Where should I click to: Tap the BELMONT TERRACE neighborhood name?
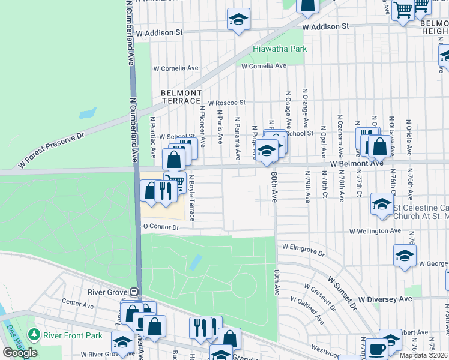tap(181, 97)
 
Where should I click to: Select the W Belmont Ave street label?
tap(355, 163)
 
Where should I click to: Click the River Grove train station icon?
tap(135, 292)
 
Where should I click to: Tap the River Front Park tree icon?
tap(35, 334)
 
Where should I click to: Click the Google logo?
tap(20, 353)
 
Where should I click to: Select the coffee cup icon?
tap(377, 349)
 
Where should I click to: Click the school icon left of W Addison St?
tap(238, 19)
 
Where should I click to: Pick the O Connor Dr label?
tap(160, 227)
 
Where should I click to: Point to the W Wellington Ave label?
tap(376, 230)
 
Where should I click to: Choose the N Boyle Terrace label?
tap(192, 197)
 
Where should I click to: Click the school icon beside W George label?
tap(405, 256)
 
